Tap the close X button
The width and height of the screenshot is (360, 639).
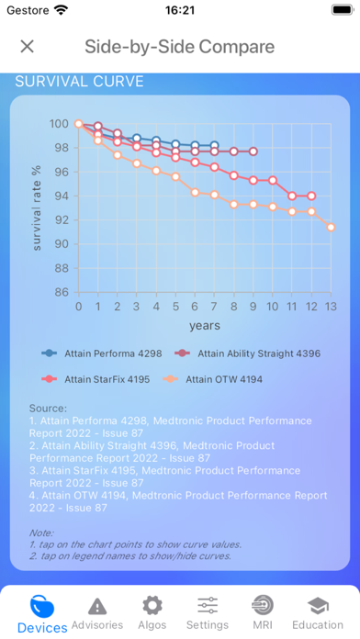pyautogui.click(x=27, y=47)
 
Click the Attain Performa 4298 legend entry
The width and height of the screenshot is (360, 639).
pyautogui.click(x=102, y=353)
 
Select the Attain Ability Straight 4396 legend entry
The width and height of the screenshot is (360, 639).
pyautogui.click(x=247, y=353)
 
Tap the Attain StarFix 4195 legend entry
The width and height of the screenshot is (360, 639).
pyautogui.click(x=96, y=379)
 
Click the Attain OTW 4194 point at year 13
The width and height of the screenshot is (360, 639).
pyautogui.click(x=331, y=227)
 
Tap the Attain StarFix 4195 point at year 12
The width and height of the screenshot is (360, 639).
pyautogui.click(x=311, y=196)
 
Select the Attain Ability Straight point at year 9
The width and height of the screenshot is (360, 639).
pyautogui.click(x=253, y=151)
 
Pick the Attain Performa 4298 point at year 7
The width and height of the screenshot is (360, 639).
pyautogui.click(x=215, y=145)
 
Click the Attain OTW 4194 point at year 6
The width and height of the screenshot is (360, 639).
pyautogui.click(x=195, y=193)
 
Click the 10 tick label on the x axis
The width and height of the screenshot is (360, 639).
pyautogui.click(x=273, y=306)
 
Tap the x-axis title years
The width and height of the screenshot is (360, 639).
pyautogui.click(x=204, y=326)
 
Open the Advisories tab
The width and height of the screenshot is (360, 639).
pyautogui.click(x=97, y=613)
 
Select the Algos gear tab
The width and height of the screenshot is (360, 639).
pyautogui.click(x=152, y=613)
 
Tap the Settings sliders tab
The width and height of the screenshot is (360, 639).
pyautogui.click(x=208, y=613)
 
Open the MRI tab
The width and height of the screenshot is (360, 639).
pyautogui.click(x=263, y=613)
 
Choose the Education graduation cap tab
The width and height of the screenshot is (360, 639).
pyautogui.click(x=318, y=613)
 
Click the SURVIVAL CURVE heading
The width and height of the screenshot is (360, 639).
pyautogui.click(x=80, y=82)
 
